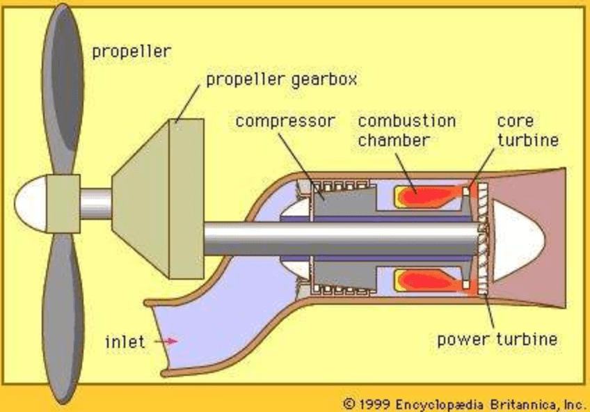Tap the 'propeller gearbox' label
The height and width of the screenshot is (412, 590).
(x=281, y=79)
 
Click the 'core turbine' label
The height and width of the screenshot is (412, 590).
(x=527, y=130)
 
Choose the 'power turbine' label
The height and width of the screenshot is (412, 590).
(x=497, y=340)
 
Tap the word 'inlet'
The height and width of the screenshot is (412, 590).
(x=126, y=342)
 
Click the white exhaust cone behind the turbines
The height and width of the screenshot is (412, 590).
(x=518, y=237)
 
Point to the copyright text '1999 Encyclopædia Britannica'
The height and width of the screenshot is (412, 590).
(x=463, y=403)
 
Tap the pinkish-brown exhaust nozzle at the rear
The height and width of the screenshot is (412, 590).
(x=557, y=209)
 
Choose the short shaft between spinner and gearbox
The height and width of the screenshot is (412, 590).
(x=95, y=203)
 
